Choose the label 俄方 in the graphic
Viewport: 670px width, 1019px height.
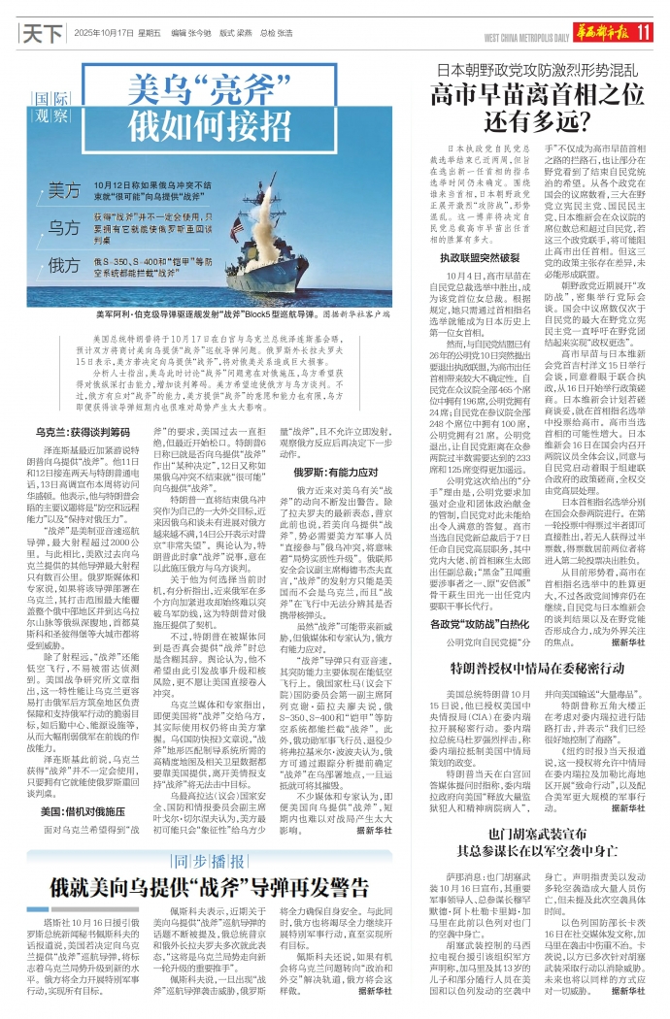point(65,265)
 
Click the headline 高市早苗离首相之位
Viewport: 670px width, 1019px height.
point(538,94)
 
